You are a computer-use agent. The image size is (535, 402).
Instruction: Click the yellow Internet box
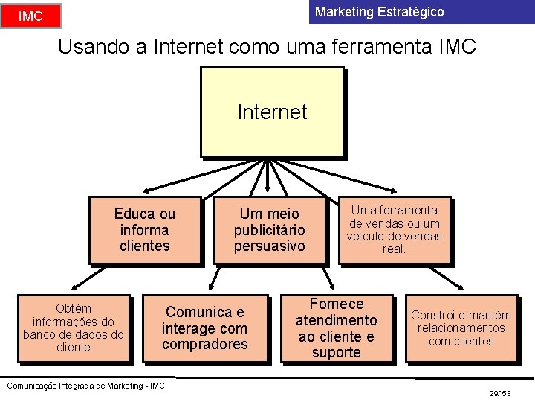click(272, 112)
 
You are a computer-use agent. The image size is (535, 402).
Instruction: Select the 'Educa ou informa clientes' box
click(145, 230)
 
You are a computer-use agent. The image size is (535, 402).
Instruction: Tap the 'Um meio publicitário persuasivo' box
click(270, 230)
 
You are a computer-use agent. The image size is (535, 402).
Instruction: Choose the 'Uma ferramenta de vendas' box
click(394, 230)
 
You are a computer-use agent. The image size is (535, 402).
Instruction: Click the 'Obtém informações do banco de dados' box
click(74, 328)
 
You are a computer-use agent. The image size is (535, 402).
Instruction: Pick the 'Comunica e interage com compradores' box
click(205, 328)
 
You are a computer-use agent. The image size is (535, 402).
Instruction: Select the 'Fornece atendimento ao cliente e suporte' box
click(336, 328)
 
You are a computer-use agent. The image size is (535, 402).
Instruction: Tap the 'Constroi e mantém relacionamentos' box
click(461, 328)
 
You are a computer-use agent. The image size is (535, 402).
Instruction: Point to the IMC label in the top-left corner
click(30, 16)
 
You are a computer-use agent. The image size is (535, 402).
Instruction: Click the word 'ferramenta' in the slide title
click(391, 47)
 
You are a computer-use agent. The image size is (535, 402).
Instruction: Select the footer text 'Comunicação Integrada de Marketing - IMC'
click(85, 385)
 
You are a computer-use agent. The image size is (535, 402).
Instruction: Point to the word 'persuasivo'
click(270, 246)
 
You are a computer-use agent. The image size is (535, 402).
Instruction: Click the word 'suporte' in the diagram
click(336, 353)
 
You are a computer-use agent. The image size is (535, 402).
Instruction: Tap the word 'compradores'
click(205, 345)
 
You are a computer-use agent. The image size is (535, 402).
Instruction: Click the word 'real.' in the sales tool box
click(394, 249)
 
